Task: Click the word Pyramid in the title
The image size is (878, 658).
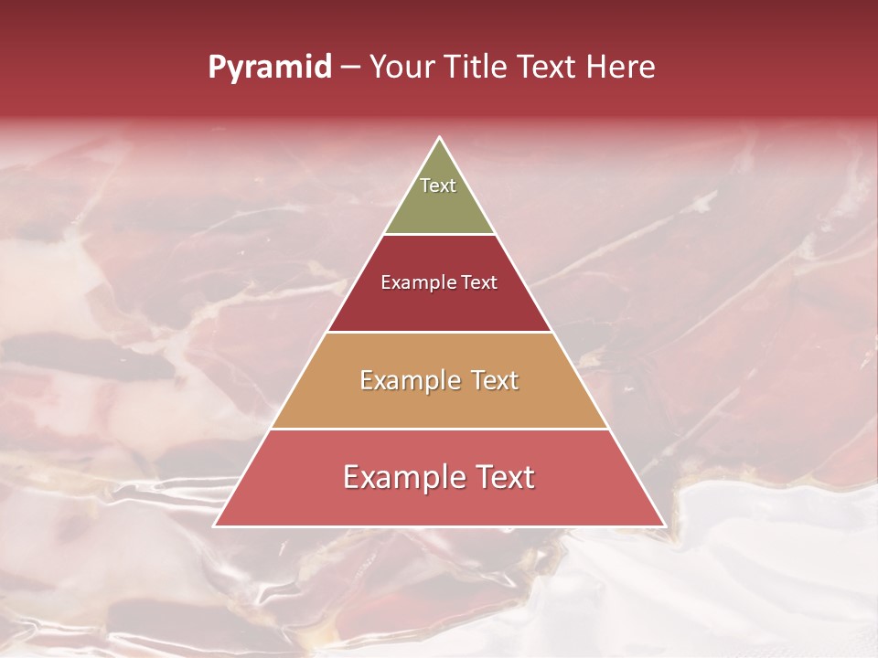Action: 269,68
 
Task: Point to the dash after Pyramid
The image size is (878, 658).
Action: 350,68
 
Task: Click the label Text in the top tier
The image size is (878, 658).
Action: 438,186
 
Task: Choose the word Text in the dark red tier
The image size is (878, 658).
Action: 479,283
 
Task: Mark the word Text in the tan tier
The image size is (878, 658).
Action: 495,380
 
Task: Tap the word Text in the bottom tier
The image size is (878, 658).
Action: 506,477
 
